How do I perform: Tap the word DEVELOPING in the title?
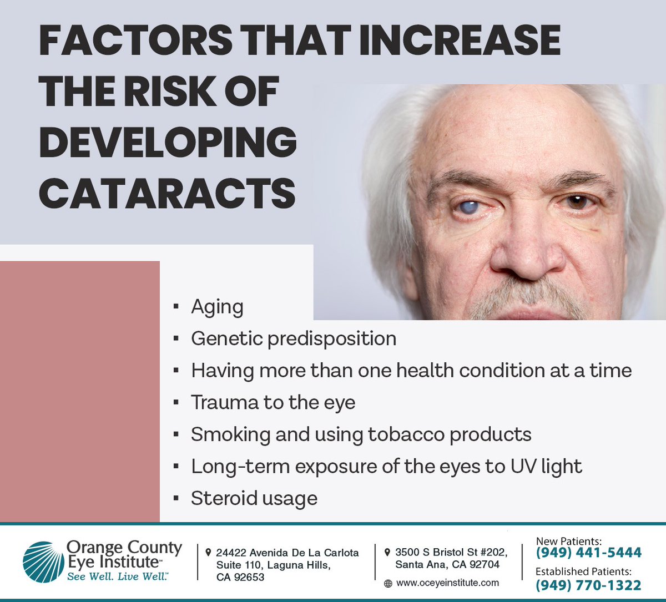(168, 142)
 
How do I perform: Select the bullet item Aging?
(217, 307)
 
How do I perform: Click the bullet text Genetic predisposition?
(294, 338)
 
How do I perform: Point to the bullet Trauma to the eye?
(273, 402)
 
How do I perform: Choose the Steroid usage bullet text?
(254, 498)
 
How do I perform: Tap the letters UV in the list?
(524, 467)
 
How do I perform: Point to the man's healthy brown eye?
(577, 201)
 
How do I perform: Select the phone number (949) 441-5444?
(588, 553)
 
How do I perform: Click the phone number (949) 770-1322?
(588, 585)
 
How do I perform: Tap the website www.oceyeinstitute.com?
(447, 583)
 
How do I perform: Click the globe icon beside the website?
(388, 584)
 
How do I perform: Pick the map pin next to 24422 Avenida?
(208, 553)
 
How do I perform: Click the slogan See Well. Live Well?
(118, 577)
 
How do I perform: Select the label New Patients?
(568, 540)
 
